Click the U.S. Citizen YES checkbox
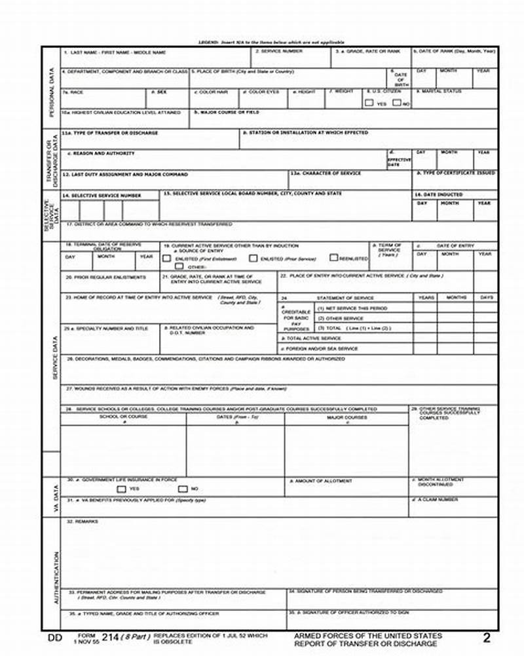369,103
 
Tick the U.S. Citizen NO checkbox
396,103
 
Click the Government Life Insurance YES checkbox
121,489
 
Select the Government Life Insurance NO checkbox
182,489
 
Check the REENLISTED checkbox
333,258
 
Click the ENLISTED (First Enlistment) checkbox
167,258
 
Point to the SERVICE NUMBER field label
279,51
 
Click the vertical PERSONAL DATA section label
52,92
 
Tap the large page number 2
486,638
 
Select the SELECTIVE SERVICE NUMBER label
102,195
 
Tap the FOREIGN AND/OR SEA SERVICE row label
320,348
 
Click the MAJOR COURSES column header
346,417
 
